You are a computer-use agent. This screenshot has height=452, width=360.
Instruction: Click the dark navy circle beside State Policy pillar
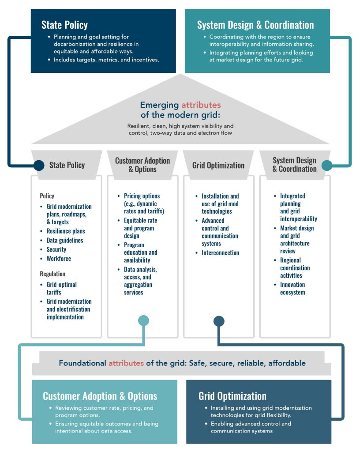tap(39, 166)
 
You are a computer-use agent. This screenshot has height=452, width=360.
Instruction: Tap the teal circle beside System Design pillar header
tap(326, 165)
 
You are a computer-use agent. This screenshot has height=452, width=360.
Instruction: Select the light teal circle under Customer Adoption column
tap(143, 320)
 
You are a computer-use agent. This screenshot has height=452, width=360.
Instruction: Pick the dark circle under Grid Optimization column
tap(219, 321)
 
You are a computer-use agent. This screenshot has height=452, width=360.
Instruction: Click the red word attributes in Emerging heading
tap(201, 105)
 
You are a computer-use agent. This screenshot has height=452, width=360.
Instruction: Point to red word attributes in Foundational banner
tap(126, 363)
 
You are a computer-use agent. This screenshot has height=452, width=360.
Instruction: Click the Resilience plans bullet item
tap(66, 231)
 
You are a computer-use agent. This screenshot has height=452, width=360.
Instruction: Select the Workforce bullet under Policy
tap(59, 259)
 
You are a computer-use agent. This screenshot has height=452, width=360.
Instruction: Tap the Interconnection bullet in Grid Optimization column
tap(220, 253)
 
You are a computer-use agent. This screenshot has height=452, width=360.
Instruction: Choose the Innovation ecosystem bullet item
tap(292, 288)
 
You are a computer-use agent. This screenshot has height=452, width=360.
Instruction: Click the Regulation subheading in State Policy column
tap(52, 274)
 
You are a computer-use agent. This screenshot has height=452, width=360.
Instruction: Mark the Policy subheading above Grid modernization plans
tap(47, 196)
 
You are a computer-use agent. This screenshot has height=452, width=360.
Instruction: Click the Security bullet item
tap(56, 249)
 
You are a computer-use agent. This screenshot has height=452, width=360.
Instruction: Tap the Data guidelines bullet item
tap(65, 241)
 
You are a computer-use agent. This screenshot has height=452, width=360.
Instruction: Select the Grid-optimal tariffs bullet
tap(62, 288)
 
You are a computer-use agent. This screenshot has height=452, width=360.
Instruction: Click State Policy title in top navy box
tap(64, 25)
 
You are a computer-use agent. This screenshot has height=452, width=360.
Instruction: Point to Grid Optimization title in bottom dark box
tap(232, 396)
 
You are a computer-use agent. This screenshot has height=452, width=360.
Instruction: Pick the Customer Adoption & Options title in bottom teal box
tap(100, 396)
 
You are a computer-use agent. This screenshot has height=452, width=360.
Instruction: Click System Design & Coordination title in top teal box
tap(255, 25)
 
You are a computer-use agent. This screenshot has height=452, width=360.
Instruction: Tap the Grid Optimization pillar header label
tap(218, 165)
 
